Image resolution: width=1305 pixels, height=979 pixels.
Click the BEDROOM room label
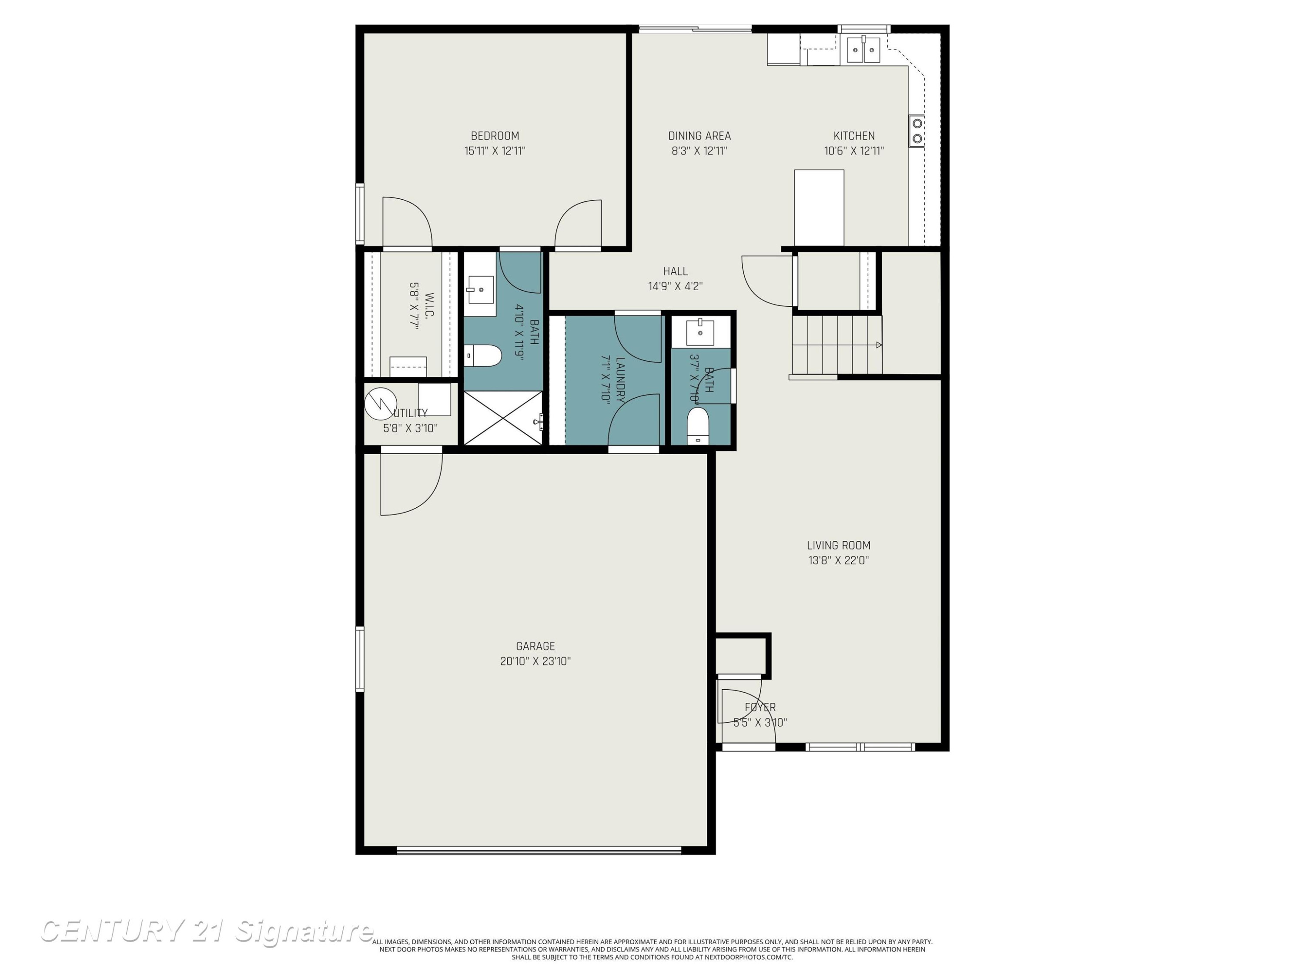click(x=495, y=136)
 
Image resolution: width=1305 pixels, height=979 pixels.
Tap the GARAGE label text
click(x=535, y=646)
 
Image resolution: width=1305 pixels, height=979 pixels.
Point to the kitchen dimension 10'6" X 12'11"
click(x=853, y=151)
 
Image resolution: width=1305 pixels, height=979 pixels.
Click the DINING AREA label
click(x=699, y=136)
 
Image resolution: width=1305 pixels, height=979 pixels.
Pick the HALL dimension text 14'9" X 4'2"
click(x=675, y=287)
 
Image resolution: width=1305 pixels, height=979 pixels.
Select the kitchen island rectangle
click(x=819, y=208)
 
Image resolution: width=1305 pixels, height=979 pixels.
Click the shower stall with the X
click(x=503, y=418)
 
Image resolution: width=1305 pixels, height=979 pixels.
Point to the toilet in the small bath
click(x=698, y=425)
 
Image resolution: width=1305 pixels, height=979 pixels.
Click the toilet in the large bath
click(x=482, y=356)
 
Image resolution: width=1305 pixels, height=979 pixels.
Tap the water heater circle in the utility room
click(x=381, y=404)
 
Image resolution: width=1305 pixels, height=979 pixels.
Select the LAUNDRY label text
click(x=620, y=380)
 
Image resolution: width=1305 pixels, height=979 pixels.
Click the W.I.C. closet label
click(x=429, y=305)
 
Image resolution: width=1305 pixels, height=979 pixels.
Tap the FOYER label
click(x=760, y=707)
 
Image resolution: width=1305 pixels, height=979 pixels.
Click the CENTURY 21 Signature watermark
click(x=207, y=931)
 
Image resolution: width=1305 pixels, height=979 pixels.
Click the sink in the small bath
click(x=700, y=333)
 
